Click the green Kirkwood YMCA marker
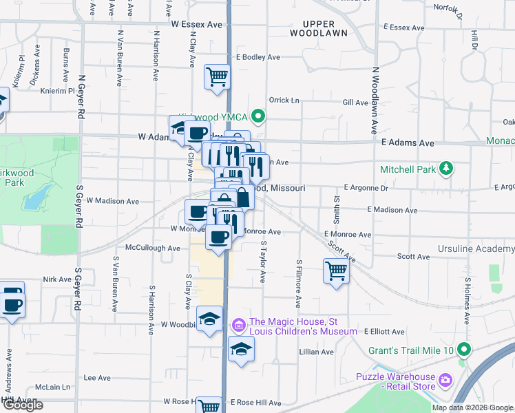pos(259,116)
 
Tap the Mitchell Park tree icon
pos(447,168)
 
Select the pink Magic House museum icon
pos(239,324)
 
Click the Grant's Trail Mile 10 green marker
pos(464,350)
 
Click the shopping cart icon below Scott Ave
pos(336,271)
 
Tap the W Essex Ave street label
pos(198,24)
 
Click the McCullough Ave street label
pos(152,247)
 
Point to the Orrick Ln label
pos(284,100)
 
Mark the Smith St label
pos(337,209)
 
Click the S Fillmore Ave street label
pos(299,283)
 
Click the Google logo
pos(22,405)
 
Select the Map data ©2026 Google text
pos(472,407)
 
